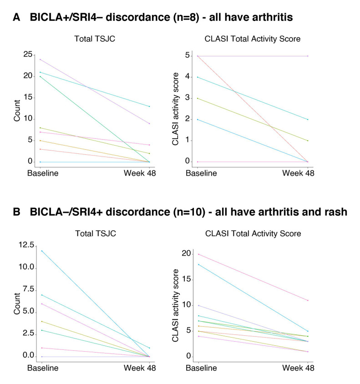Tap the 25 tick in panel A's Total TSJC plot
28,55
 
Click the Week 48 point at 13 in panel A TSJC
149,106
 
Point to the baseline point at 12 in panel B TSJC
41,251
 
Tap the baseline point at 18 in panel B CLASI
199,264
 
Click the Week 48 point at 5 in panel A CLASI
308,56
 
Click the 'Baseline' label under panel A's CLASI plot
199,173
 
